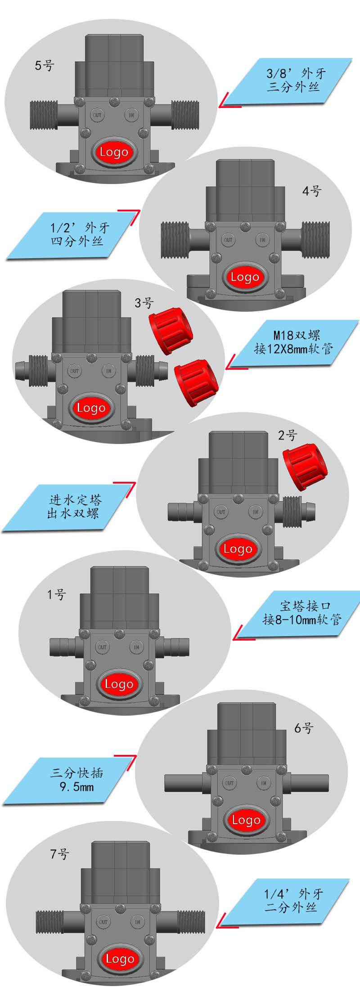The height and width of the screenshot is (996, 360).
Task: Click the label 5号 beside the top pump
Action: [x=44, y=66]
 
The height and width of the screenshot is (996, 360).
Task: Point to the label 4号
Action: [x=311, y=191]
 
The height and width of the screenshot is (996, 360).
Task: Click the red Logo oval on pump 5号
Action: [x=114, y=152]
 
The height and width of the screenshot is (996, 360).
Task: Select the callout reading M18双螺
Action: [x=295, y=343]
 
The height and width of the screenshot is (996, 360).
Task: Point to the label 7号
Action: [x=59, y=853]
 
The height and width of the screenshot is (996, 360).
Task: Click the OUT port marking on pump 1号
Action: [x=102, y=647]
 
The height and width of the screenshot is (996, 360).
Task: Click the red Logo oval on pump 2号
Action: [x=237, y=549]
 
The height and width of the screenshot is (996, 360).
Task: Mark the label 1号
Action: [x=56, y=595]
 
